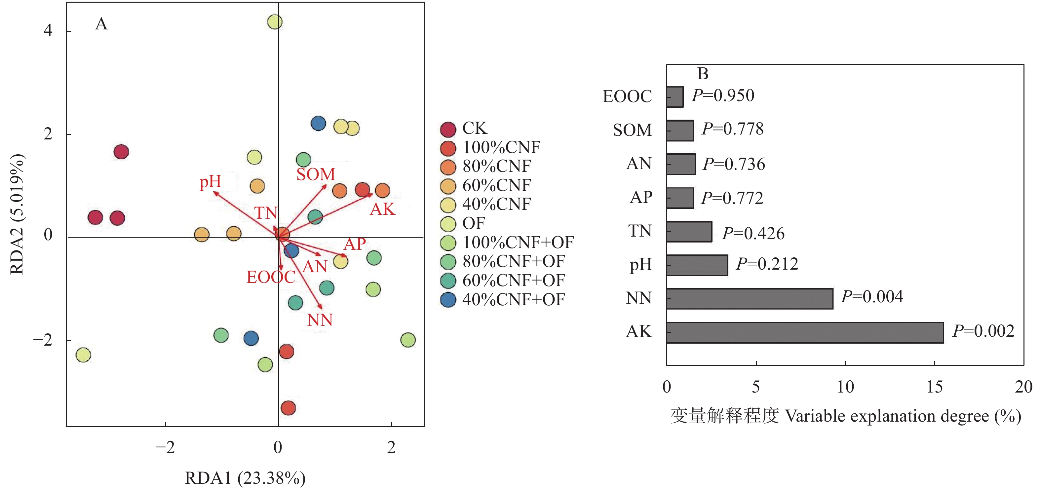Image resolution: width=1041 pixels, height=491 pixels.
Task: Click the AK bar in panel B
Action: click(805, 333)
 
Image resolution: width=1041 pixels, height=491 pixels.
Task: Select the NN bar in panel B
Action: click(750, 299)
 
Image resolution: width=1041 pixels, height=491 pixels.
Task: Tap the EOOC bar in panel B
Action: click(675, 97)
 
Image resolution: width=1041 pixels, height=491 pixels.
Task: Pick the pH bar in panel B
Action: click(697, 265)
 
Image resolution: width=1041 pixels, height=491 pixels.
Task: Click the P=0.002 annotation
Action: click(983, 331)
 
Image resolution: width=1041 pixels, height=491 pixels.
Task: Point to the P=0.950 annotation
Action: click(723, 95)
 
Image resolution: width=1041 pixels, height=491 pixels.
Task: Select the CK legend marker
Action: click(448, 129)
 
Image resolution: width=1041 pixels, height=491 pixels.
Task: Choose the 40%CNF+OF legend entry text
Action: click(514, 299)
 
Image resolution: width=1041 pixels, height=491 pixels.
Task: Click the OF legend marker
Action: click(448, 224)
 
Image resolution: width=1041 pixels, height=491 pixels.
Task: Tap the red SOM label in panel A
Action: click(316, 174)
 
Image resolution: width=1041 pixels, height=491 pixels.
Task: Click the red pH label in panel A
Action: click(211, 182)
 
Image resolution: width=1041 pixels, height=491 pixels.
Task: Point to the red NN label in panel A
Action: click(320, 320)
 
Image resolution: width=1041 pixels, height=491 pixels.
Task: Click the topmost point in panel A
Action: click(275, 21)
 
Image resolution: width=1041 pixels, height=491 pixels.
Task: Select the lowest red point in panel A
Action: click(288, 408)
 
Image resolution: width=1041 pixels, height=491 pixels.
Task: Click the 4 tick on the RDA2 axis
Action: click(48, 30)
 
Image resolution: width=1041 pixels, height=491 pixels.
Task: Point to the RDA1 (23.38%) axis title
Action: click(245, 478)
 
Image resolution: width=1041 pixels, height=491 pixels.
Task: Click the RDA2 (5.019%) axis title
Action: click(17, 214)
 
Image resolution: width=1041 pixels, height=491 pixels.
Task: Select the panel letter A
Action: click(101, 24)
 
